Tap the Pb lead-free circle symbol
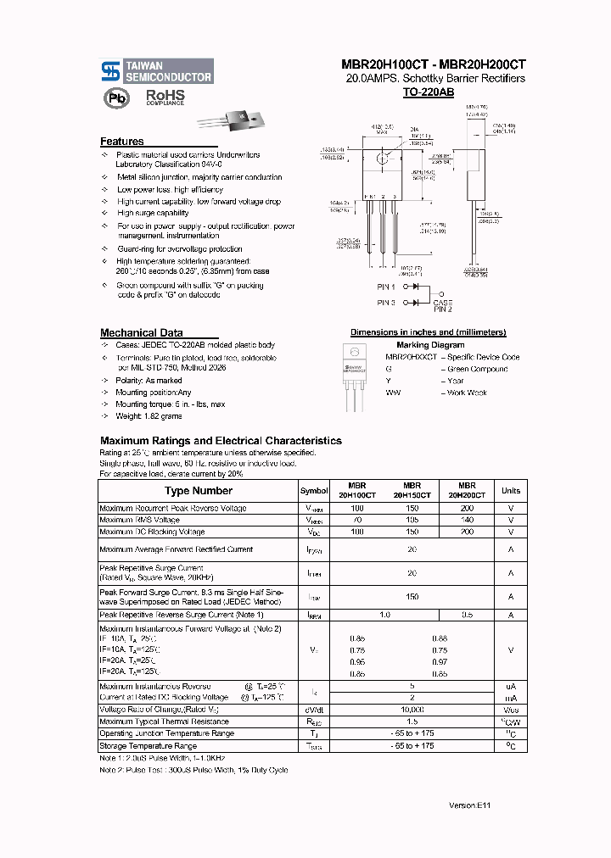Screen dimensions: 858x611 point(113,98)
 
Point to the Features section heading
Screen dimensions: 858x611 point(122,142)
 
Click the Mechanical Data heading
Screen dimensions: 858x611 point(141,333)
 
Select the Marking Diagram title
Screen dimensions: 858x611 point(430,345)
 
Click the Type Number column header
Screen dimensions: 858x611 point(198,491)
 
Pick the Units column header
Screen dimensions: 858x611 point(511,491)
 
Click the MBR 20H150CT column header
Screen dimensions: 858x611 point(412,490)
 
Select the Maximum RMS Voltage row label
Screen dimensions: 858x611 point(140,520)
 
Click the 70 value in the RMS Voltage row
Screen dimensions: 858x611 point(356,520)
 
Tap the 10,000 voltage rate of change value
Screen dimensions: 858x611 point(412,710)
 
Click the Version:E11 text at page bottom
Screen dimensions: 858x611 point(469,805)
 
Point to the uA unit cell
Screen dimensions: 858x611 point(511,686)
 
